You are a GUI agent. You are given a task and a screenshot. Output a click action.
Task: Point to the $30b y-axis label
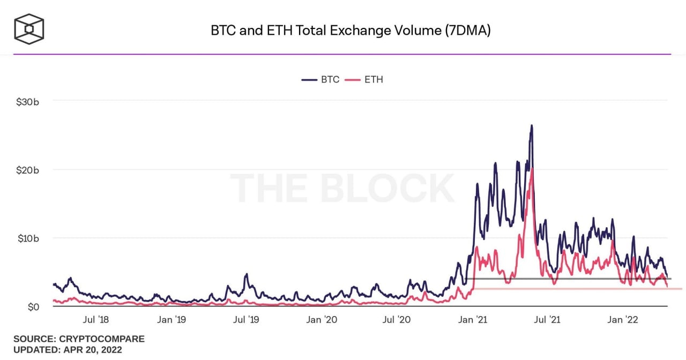(27, 101)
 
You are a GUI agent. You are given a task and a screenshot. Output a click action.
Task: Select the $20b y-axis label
(27, 170)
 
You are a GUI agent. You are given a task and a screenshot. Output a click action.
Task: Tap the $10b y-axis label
(27, 238)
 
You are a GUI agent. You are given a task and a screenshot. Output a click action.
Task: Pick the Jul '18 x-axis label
(96, 320)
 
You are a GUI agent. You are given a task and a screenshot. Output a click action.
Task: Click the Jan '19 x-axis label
(172, 320)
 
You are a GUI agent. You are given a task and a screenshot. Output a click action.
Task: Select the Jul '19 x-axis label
(247, 320)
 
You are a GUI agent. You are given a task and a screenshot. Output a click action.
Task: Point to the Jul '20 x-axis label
(398, 320)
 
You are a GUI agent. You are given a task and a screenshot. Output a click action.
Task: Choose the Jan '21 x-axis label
(474, 320)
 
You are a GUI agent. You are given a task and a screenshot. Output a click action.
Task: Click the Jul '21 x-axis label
(548, 320)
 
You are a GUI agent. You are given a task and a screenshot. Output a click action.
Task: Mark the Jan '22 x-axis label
(623, 320)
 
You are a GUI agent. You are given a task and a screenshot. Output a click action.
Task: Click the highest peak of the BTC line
(532, 125)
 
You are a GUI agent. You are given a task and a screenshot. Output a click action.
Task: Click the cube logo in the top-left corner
(29, 28)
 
